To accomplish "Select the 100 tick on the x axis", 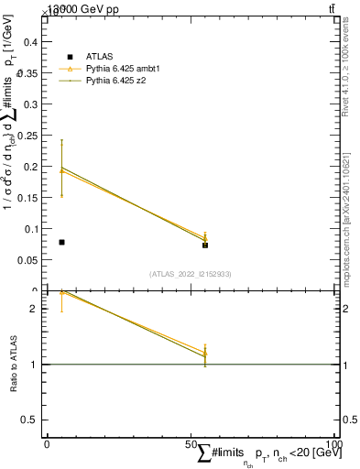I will (x=334, y=443).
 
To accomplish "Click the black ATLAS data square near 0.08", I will (x=61, y=242).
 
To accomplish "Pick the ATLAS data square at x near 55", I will (x=205, y=245).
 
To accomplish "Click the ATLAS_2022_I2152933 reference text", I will (x=191, y=274).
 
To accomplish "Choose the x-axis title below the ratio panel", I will (x=266, y=454).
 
